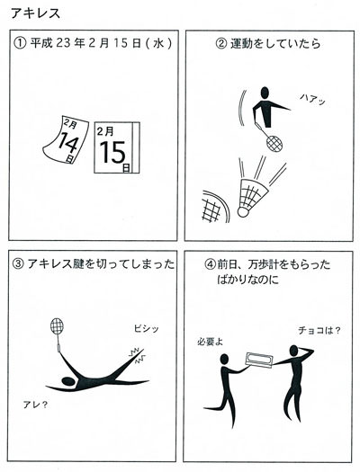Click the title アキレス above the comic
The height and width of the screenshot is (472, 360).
tap(35, 13)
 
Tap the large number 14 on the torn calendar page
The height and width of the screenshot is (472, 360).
tap(67, 144)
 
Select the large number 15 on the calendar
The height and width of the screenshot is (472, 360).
tap(112, 153)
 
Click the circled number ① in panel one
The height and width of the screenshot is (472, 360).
tap(21, 43)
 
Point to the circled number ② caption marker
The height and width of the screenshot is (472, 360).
tap(221, 44)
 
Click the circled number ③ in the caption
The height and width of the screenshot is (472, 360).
tap(18, 264)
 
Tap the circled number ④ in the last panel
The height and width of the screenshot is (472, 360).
tap(210, 264)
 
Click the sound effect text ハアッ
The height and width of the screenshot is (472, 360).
tap(312, 99)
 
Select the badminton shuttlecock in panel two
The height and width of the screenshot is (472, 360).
tap(253, 198)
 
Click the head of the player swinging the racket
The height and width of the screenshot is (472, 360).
tap(265, 93)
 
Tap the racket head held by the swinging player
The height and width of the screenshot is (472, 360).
tap(274, 144)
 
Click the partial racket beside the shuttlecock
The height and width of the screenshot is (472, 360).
tap(215, 207)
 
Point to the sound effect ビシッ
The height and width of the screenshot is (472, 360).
tap(146, 328)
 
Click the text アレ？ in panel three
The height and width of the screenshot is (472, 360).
tap(35, 405)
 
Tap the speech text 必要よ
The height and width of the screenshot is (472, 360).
tap(210, 342)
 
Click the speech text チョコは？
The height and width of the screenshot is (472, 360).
tap(319, 331)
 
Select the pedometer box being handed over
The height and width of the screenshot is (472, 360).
tap(259, 360)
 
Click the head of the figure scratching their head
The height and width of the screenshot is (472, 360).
tap(293, 351)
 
